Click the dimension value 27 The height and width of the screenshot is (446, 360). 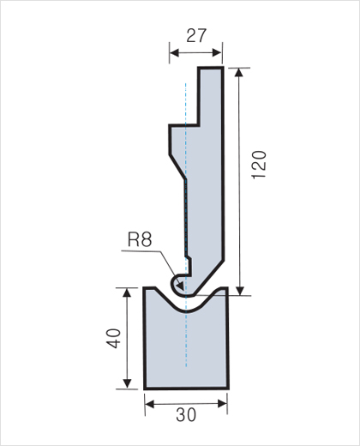click(196, 36)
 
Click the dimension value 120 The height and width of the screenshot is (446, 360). click(259, 165)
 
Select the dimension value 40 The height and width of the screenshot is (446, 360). click(113, 339)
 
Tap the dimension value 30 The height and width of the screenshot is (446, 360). click(186, 415)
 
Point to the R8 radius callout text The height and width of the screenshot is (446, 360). click(140, 239)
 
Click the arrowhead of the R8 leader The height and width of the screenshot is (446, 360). click(180, 286)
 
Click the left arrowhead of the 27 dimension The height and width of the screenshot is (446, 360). click(174, 53)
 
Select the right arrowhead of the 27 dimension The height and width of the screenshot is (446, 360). click(217, 53)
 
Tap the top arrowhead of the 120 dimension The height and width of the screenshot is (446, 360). click(239, 73)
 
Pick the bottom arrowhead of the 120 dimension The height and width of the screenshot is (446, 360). click(240, 291)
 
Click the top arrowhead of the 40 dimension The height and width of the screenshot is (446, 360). click(127, 292)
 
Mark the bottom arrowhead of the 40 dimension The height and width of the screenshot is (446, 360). click(127, 383)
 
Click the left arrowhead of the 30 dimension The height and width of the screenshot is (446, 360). click(150, 404)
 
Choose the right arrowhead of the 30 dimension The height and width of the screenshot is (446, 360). click(222, 404)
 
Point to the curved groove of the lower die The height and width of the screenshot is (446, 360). click(187, 310)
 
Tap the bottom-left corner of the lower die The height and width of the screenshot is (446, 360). click(145, 389)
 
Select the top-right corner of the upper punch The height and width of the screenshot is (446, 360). click(223, 68)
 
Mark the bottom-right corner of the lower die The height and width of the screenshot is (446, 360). click(228, 389)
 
